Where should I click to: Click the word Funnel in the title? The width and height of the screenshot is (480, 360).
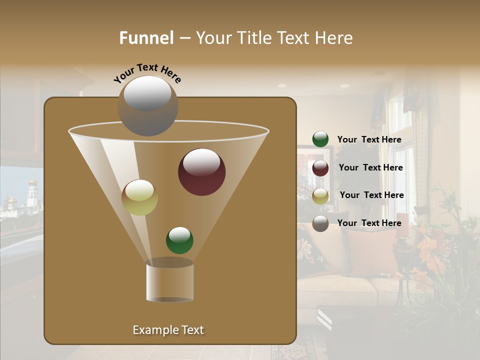pos(146,38)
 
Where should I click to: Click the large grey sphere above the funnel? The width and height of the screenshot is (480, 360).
pos(148,106)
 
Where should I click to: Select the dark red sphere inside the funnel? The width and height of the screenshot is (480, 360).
pos(202,172)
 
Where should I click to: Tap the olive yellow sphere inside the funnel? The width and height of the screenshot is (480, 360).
pos(139,197)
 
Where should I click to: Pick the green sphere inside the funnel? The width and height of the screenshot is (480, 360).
pos(179,240)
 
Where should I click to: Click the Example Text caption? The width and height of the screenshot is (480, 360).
pos(168,330)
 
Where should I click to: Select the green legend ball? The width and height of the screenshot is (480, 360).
pos(320,139)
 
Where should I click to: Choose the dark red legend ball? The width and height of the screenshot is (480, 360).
pos(320,168)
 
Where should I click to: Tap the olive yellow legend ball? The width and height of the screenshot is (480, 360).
pos(320,196)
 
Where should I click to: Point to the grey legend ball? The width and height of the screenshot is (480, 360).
pos(320,223)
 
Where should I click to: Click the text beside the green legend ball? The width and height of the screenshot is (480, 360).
pos(369,140)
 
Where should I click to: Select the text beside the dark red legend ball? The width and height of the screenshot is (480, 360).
pos(370,168)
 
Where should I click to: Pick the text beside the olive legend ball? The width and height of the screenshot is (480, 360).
pos(371,195)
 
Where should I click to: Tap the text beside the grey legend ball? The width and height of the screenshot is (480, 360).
pos(369,223)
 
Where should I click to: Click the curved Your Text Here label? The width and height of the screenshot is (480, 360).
pos(147,73)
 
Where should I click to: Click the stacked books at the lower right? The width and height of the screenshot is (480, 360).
pos(324,319)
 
